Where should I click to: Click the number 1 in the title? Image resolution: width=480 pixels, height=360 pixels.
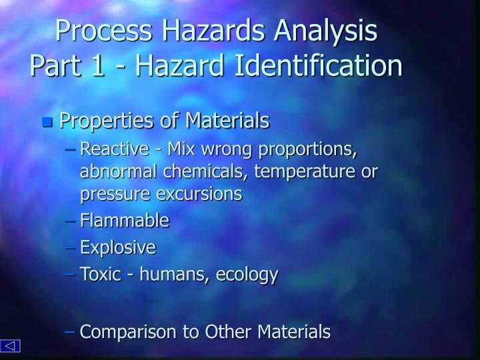pos(98,66)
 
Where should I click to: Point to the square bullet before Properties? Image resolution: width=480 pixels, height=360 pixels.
pos(47,122)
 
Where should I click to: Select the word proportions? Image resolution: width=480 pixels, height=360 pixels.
pos(311,148)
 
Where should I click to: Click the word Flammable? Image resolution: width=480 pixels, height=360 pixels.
pos(124,221)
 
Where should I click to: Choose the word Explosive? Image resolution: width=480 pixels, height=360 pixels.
pos(117,248)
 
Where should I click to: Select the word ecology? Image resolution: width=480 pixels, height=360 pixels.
pos(248,275)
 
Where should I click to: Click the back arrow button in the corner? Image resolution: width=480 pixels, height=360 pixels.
pos(11,346)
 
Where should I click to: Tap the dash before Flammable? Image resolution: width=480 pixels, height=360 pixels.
pos(71,221)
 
